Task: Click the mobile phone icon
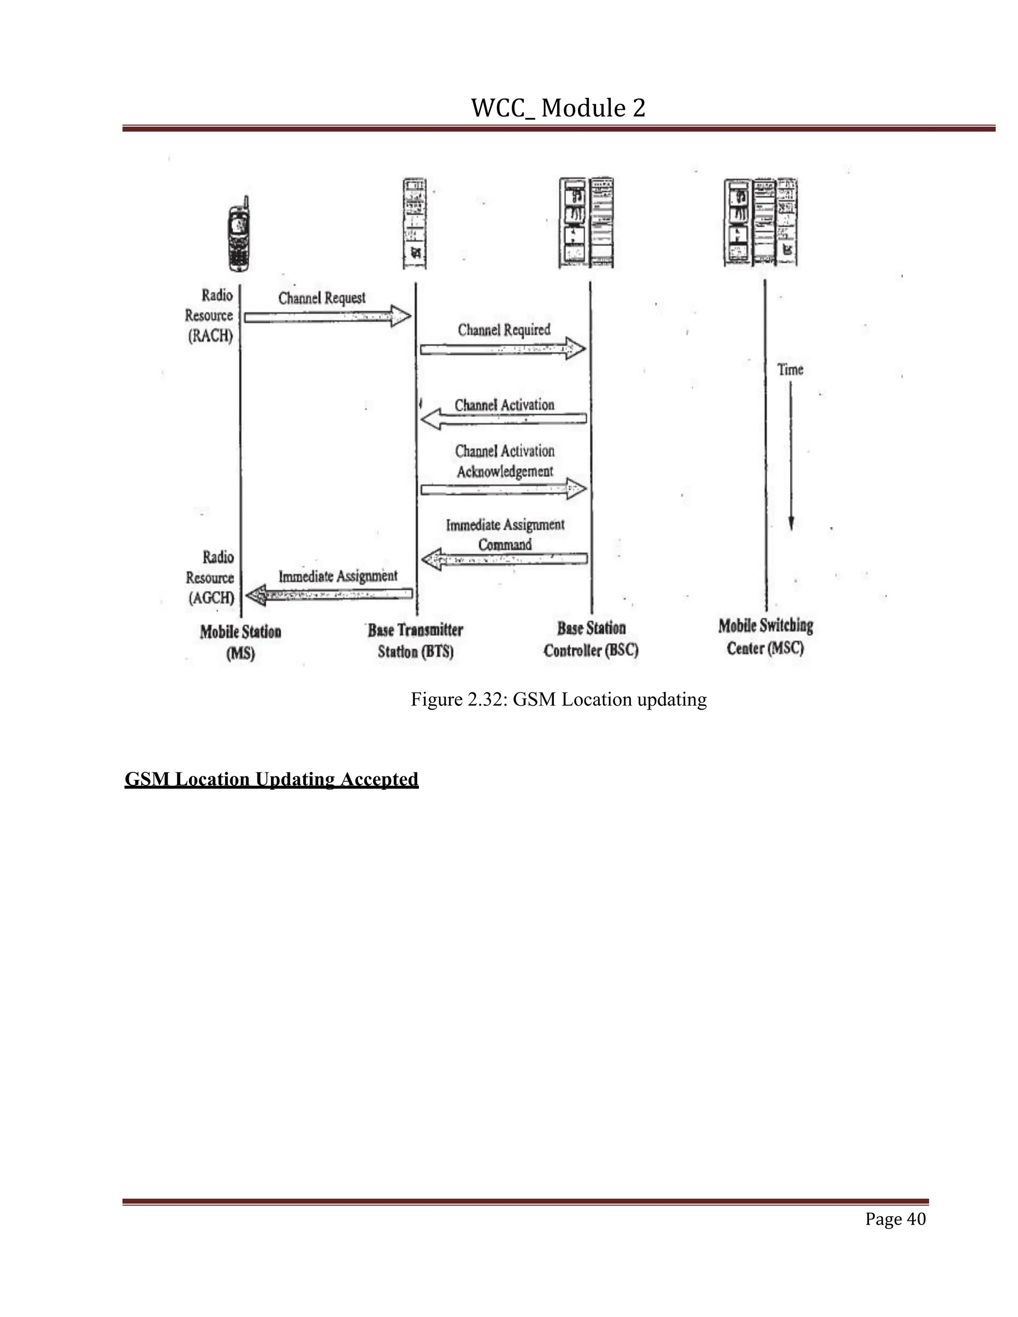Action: coord(239,235)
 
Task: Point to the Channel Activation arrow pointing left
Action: coord(503,419)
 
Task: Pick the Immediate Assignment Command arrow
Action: coord(504,560)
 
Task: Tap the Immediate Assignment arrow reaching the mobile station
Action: coord(329,594)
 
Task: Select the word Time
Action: coord(790,369)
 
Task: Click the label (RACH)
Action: coord(210,336)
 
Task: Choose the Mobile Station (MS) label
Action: coord(241,642)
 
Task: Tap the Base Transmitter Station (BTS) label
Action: coord(416,641)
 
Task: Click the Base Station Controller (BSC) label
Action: coord(591,639)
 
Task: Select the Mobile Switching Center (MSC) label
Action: coord(765,637)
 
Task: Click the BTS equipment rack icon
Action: coord(415,224)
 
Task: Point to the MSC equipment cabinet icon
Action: coord(761,222)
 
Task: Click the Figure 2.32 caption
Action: coord(558,700)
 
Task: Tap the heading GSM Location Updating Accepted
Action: coord(271,779)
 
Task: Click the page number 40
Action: coord(895,1219)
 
